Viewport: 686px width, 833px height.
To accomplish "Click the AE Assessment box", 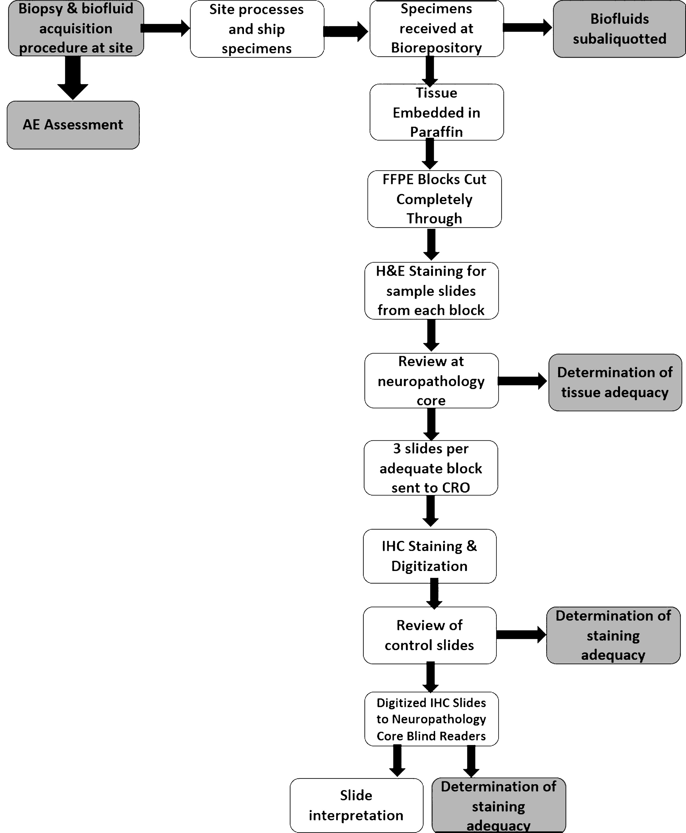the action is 73,125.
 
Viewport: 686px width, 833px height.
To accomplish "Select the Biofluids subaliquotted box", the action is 619,29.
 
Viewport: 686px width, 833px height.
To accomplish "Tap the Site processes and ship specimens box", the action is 257,29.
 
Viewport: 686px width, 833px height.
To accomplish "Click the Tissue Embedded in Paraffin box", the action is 437,112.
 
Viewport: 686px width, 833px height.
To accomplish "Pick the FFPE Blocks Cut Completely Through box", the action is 434,199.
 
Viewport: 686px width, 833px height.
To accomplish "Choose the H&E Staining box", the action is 431,290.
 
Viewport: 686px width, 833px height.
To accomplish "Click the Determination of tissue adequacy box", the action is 615,382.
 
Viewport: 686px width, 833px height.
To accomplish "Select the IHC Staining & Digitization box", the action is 429,556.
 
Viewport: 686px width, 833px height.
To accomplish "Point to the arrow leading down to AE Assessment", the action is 73,78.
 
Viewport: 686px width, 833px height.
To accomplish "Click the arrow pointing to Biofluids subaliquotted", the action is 528,27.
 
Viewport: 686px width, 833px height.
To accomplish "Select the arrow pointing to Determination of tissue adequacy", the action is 522,381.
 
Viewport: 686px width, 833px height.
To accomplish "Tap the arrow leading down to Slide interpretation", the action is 397,761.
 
